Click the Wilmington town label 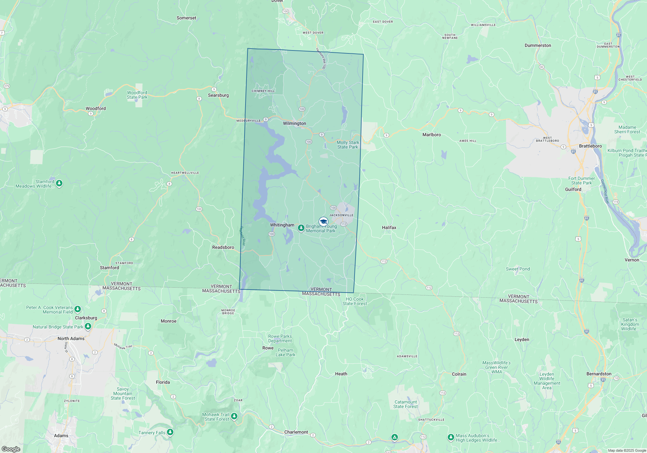294,123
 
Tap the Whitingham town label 282,225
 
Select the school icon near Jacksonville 323,222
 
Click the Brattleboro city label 590,146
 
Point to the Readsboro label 223,247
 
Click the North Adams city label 71,338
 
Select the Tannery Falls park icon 170,432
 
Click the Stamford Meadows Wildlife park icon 59,183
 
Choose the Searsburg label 218,95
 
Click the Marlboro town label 432,135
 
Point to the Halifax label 389,227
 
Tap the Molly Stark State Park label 348,145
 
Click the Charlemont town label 296,432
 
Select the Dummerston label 538,45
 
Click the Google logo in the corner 11,449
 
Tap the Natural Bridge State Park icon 88,327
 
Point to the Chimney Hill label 263,91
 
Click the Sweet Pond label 518,269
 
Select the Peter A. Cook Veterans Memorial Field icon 78,309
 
